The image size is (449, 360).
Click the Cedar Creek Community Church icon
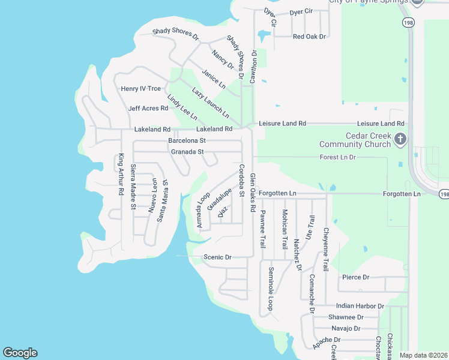point(400,140)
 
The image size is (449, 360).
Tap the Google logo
point(20,353)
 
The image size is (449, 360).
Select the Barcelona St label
point(187,140)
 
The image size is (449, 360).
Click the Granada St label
point(187,152)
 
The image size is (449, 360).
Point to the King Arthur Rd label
point(121,175)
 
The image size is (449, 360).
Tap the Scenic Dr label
point(217,257)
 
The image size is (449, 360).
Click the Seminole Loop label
point(271,288)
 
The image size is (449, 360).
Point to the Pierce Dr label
point(355,277)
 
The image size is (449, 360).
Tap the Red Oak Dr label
point(309,37)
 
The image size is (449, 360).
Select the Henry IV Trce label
point(141,89)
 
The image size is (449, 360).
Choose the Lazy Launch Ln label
point(211,103)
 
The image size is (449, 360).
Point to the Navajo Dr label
point(346,328)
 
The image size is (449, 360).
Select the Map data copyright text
point(423,355)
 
